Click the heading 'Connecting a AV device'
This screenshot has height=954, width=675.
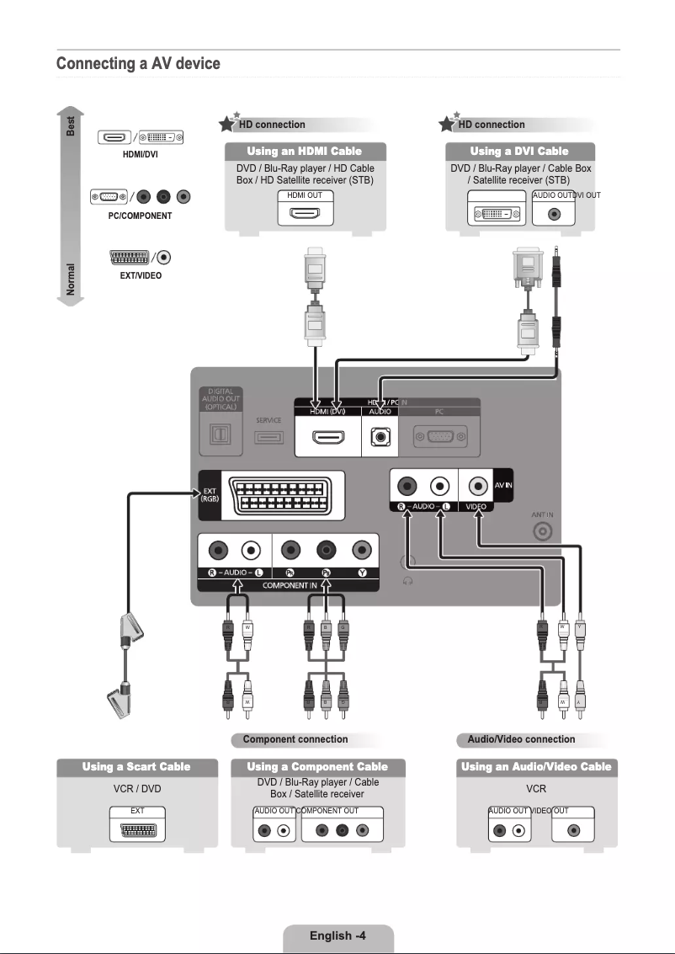coord(138,64)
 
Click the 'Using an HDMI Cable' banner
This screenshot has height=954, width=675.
coord(304,152)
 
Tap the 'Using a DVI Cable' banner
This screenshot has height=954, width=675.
coord(519,152)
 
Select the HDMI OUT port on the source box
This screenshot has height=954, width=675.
coord(304,213)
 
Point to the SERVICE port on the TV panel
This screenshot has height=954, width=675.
coord(268,437)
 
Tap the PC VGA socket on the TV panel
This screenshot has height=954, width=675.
coord(438,438)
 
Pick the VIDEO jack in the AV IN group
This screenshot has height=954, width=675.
coord(479,486)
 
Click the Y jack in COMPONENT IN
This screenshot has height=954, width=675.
coord(362,552)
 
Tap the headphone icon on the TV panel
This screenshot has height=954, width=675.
coord(407,580)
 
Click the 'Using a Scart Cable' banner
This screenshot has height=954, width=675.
coord(136,767)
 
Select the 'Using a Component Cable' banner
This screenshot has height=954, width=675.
coord(317,767)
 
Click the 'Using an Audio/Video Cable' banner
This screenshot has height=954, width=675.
coord(536,767)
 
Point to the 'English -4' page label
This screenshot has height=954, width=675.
coord(337,935)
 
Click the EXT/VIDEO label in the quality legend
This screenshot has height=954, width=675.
coord(141,275)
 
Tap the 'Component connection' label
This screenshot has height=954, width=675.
coord(295,739)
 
